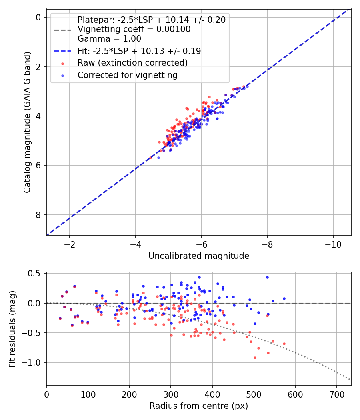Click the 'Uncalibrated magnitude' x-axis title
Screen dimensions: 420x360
point(199,256)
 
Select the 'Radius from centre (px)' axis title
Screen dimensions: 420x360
point(199,406)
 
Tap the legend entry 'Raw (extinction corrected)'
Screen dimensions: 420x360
point(132,63)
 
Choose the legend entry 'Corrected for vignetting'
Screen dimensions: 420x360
point(128,75)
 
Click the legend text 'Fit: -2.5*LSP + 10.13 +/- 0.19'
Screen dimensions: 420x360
point(139,51)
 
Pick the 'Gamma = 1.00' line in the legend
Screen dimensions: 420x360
point(109,39)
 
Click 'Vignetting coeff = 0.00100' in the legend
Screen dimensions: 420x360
point(134,29)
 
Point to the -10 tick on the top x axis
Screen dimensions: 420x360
point(333,244)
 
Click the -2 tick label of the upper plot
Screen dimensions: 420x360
point(70,244)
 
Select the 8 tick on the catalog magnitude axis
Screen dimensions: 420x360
point(38,215)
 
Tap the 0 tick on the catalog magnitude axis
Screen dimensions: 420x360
point(38,17)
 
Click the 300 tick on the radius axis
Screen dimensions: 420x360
point(171,394)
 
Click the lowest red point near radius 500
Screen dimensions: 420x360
point(255,358)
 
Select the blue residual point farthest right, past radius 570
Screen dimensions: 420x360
point(284,298)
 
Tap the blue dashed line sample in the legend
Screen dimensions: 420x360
point(63,51)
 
